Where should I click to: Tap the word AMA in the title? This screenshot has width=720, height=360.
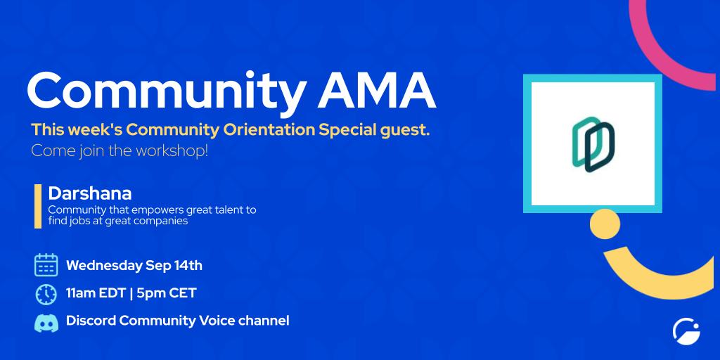377,90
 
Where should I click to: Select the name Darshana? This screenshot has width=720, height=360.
90,193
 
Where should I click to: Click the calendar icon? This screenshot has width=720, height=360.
46,265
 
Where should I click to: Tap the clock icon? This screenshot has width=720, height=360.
46,294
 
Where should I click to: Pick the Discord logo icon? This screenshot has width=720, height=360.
46,323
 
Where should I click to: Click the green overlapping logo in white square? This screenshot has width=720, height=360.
593,144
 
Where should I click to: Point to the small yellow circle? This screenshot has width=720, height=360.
605,224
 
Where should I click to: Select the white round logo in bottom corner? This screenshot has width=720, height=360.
686,332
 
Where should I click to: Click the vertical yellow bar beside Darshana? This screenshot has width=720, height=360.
38,206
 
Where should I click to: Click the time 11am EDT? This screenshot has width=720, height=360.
96,293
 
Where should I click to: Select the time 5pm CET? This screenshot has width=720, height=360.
167,293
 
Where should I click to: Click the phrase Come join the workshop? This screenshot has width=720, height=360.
120,151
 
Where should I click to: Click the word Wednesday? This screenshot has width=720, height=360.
104,266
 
